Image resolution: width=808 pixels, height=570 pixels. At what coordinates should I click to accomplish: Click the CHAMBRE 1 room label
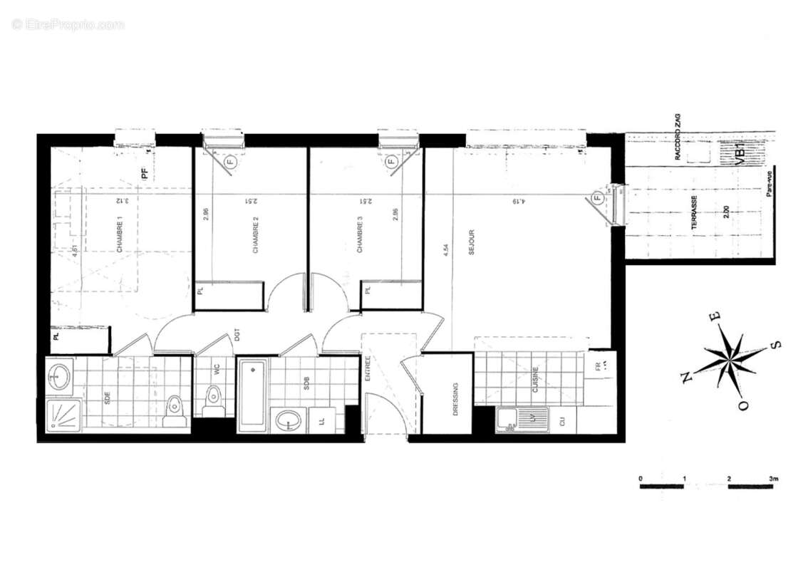tap(120, 234)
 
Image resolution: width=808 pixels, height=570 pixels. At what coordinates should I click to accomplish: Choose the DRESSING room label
tap(455, 399)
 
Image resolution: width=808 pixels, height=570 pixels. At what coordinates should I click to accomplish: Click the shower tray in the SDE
tap(63, 415)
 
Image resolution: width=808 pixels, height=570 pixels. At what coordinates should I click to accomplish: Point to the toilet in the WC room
tap(213, 400)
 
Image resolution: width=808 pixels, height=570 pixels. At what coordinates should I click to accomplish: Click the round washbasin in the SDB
tap(289, 420)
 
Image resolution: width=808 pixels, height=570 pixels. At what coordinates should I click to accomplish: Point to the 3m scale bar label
tap(775, 477)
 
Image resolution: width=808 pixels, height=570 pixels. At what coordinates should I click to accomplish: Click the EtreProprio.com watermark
tap(68, 24)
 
